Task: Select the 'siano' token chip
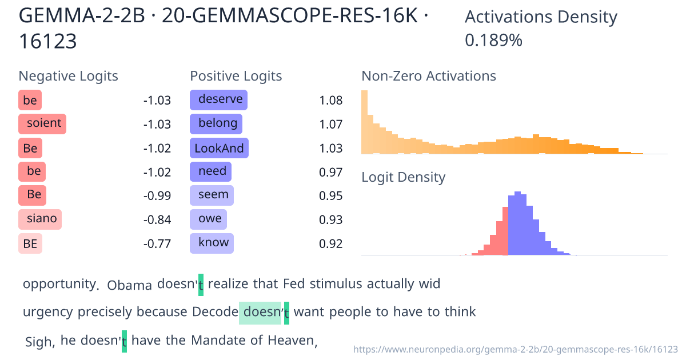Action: pyautogui.click(x=40, y=219)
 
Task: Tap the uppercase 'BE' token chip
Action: pyautogui.click(x=30, y=244)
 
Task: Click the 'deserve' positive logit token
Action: pyautogui.click(x=218, y=100)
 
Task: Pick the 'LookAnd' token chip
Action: pyautogui.click(x=219, y=149)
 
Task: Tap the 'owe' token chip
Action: pyautogui.click(x=209, y=219)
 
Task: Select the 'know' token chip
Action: pyautogui.click(x=212, y=243)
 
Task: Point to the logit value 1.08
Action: pyautogui.click(x=331, y=101)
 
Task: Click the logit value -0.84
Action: pyautogui.click(x=157, y=220)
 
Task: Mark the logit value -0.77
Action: pyautogui.click(x=157, y=245)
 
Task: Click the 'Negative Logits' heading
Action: pyautogui.click(x=69, y=76)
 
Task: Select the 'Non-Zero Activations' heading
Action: pyautogui.click(x=429, y=76)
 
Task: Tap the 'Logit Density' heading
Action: pyautogui.click(x=403, y=177)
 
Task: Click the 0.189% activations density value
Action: pyautogui.click(x=493, y=41)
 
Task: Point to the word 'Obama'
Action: pyautogui.click(x=130, y=285)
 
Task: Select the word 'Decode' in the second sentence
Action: pyautogui.click(x=215, y=312)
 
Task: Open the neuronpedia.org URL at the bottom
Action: pyautogui.click(x=516, y=349)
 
